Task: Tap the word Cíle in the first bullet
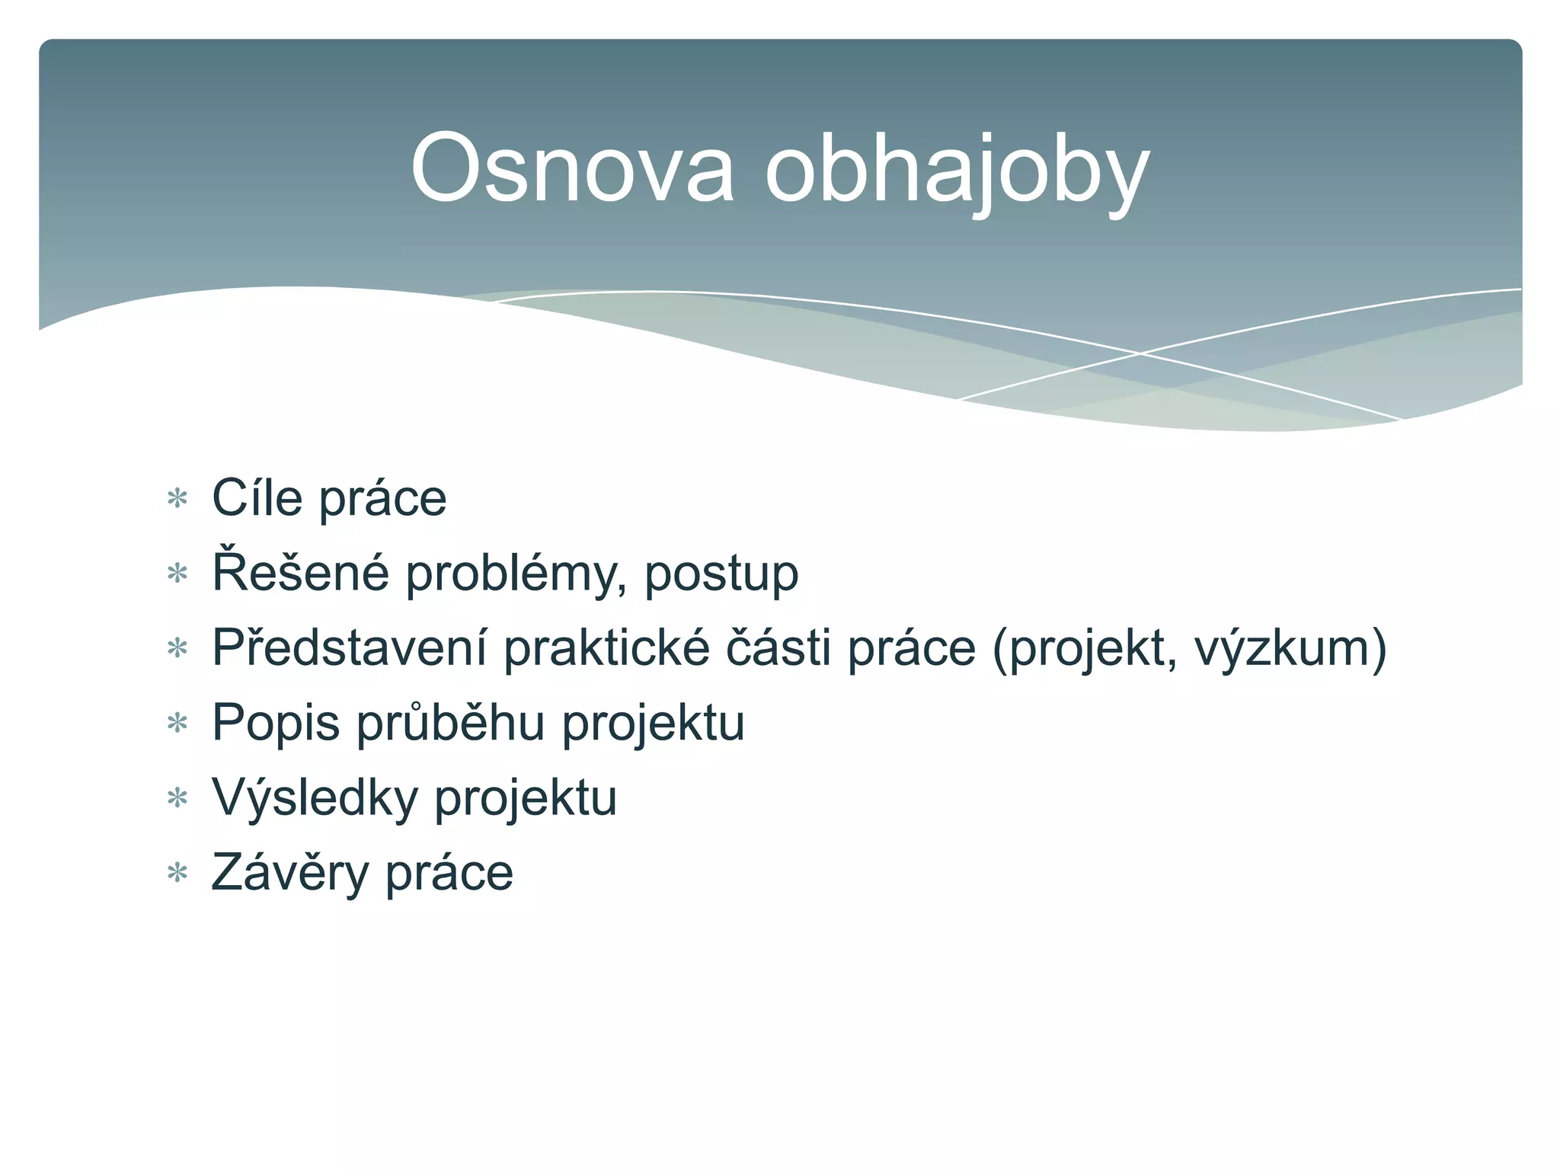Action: click(x=257, y=498)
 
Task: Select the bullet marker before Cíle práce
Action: click(x=177, y=500)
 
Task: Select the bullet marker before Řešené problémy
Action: click(x=177, y=574)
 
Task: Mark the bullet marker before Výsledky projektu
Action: click(x=177, y=798)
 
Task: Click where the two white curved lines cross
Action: click(x=1140, y=353)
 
